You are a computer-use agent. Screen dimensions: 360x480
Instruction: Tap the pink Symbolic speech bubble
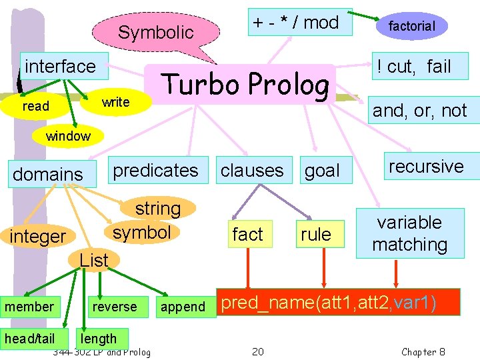(155, 32)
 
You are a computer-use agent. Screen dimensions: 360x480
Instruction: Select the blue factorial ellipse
(411, 26)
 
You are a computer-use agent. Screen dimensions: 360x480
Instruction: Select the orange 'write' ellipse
(115, 102)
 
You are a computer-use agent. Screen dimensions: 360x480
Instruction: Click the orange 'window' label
(68, 136)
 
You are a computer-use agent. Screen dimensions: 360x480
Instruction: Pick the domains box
(48, 175)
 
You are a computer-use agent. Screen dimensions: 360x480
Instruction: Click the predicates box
(156, 171)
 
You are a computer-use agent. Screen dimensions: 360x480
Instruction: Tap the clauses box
(252, 171)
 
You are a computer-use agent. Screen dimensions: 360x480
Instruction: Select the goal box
(322, 171)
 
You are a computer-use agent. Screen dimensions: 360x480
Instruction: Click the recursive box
(426, 166)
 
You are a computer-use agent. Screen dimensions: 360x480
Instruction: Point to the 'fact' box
(247, 234)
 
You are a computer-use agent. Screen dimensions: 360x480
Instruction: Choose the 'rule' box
(316, 234)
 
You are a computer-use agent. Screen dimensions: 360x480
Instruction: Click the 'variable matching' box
(409, 233)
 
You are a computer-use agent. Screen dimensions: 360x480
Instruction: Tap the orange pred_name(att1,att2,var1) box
(339, 303)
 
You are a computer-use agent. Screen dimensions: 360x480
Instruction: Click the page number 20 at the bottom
(258, 351)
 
